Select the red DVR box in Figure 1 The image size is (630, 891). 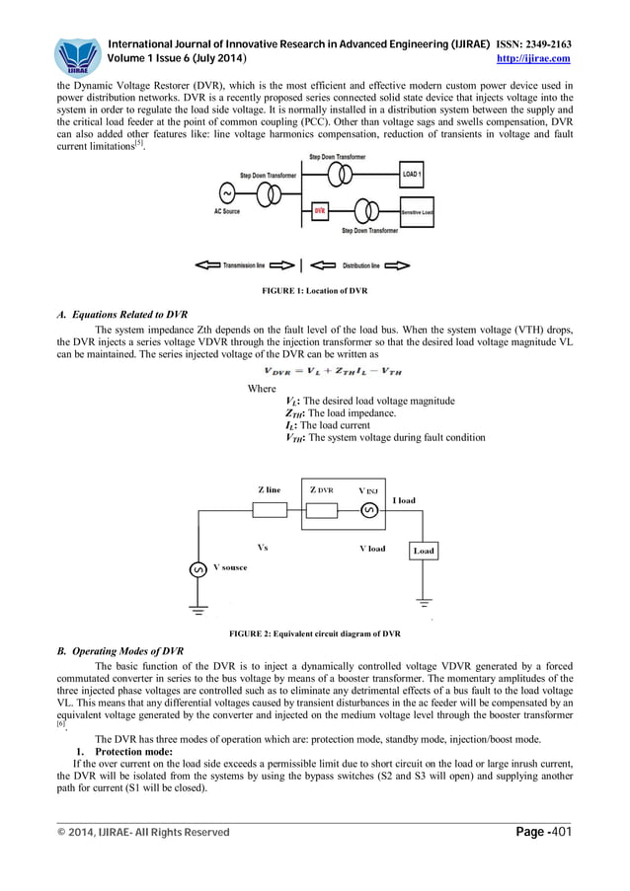[320, 209]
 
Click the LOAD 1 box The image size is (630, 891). [414, 174]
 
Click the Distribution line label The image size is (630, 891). [360, 265]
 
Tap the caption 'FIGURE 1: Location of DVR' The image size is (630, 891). [314, 293]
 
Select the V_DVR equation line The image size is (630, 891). [315, 371]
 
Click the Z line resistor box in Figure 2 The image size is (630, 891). [270, 510]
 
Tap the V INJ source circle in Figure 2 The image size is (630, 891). [368, 510]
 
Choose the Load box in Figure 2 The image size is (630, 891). [424, 550]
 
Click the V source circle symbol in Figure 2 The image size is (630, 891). [197, 569]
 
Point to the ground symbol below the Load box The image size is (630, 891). [425, 601]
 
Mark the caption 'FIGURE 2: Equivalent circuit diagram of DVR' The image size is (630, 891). [314, 631]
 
